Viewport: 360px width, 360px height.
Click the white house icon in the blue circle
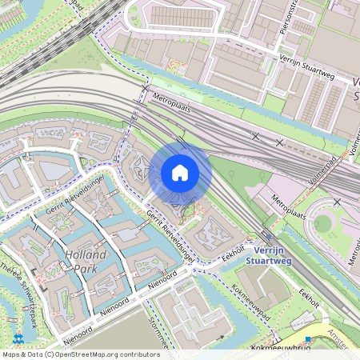pyautogui.click(x=180, y=173)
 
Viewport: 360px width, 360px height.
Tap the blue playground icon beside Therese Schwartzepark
pyautogui.click(x=18, y=324)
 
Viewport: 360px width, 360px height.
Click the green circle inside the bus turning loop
pyautogui.click(x=322, y=223)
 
